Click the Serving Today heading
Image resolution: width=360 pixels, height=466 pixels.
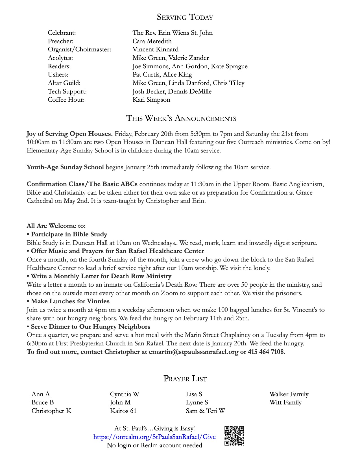pos(185,17)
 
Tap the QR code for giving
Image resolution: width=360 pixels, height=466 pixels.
pos(234,436)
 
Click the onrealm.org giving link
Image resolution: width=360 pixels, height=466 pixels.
pos(154,437)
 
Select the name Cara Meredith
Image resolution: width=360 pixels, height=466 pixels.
pos(152,41)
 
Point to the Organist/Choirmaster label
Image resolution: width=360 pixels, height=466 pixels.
pos(79,49)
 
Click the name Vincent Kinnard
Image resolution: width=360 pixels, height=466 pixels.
pos(155,49)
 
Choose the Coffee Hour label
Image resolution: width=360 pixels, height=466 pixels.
pos(66,100)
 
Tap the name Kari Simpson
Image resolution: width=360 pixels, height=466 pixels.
pos(151,100)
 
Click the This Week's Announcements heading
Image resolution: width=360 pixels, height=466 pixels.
pos(181,118)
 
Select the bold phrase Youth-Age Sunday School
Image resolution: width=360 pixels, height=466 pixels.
pos(65,167)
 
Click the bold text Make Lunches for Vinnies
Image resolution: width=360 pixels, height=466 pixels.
pos(70,301)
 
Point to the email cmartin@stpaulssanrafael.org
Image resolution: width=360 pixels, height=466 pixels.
pos(193,352)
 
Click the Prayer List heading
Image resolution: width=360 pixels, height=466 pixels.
pos(185,378)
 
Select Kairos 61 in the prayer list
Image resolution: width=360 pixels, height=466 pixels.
pos(123,411)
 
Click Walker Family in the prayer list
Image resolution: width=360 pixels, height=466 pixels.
pos(289,394)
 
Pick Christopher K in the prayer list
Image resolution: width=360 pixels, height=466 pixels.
pos(51,411)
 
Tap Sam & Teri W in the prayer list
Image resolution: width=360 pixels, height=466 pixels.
pos(205,411)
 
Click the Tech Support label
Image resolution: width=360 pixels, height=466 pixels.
pos(67,92)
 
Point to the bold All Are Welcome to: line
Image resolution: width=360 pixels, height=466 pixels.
pos(56,226)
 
